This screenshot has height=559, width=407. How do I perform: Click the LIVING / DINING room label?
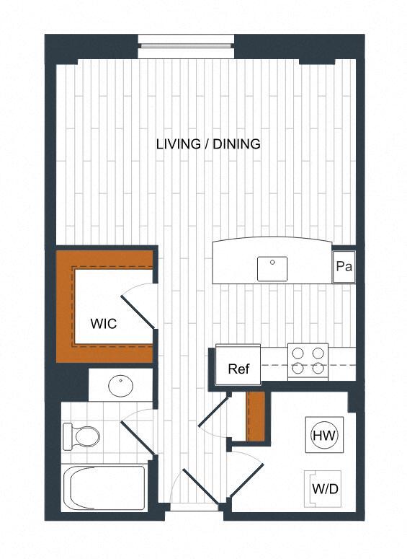[208, 144]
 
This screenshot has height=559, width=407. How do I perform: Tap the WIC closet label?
[104, 324]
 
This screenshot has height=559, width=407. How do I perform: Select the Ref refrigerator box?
[238, 369]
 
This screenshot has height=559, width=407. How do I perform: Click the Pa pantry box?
[344, 267]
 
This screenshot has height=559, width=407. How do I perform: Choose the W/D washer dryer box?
[325, 489]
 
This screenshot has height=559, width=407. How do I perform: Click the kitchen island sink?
[272, 268]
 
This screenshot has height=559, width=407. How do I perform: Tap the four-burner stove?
[308, 361]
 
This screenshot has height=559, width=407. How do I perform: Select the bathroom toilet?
[81, 436]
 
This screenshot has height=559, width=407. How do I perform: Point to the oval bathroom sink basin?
[120, 385]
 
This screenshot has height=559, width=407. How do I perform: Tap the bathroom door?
[136, 436]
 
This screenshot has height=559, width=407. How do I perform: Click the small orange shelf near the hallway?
[256, 416]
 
